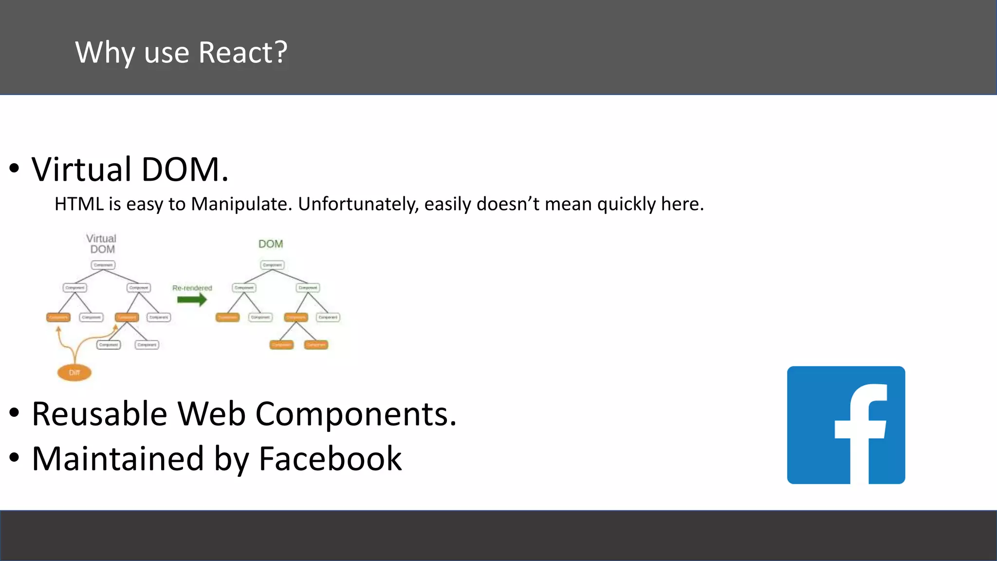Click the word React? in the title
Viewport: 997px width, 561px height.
242,53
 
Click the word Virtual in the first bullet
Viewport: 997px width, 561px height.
82,169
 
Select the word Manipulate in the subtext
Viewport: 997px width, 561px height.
241,204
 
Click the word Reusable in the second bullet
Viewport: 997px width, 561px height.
100,414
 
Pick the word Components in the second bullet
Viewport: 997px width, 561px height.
355,414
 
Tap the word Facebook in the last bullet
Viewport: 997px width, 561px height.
330,459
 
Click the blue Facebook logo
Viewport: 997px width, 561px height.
846,425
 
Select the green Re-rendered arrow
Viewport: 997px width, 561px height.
192,299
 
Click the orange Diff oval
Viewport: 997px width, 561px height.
74,373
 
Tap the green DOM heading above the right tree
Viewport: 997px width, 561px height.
271,244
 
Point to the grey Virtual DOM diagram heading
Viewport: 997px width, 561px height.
102,243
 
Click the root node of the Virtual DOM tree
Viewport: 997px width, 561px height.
103,265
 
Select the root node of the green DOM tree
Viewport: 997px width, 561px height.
272,265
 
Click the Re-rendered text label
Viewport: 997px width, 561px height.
192,288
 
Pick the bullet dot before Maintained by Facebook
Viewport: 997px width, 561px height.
14,457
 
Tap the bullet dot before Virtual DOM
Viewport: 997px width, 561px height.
14,168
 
